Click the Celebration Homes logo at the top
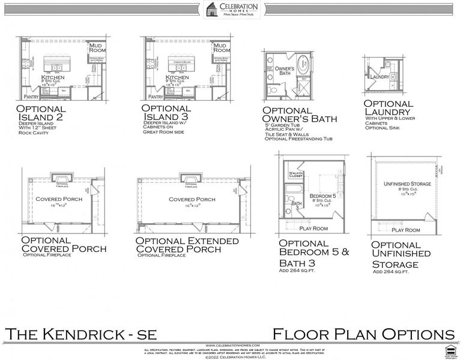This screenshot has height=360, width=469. tap(234, 10)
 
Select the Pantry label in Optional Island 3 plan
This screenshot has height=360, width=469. tap(156, 96)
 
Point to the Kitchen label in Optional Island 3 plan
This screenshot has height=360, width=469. tap(177, 78)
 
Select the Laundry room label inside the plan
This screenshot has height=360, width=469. tap(380, 77)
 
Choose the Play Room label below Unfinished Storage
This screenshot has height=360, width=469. tap(406, 229)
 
